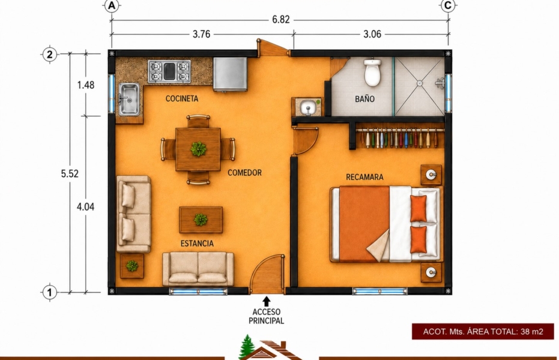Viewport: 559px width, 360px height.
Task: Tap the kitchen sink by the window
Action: (x=129, y=100)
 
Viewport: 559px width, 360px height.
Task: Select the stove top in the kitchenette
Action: (x=169, y=71)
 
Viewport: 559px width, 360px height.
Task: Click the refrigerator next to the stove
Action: (x=231, y=74)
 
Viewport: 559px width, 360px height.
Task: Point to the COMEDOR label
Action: (x=244, y=173)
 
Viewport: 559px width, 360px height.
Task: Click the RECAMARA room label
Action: (x=364, y=177)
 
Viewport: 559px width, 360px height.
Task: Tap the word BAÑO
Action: (x=364, y=98)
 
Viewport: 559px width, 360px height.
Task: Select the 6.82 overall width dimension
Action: (x=281, y=20)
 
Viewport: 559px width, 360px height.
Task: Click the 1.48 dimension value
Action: (x=86, y=85)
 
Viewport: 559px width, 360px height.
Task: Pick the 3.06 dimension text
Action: (x=372, y=34)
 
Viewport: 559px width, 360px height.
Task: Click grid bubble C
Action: (x=448, y=5)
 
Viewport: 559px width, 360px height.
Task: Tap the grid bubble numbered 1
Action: (x=50, y=292)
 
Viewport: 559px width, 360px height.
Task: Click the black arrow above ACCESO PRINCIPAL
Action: (x=267, y=302)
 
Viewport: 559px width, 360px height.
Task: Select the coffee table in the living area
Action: (x=201, y=220)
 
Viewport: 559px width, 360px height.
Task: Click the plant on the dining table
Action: (x=198, y=149)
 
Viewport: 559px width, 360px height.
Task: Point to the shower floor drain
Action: (x=420, y=83)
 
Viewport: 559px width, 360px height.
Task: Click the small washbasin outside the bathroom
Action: (x=307, y=107)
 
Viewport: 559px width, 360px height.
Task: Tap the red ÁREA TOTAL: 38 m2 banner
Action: (x=483, y=332)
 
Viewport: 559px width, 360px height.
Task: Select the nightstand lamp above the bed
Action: (x=431, y=175)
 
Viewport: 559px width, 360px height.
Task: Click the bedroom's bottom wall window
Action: (x=379, y=291)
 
